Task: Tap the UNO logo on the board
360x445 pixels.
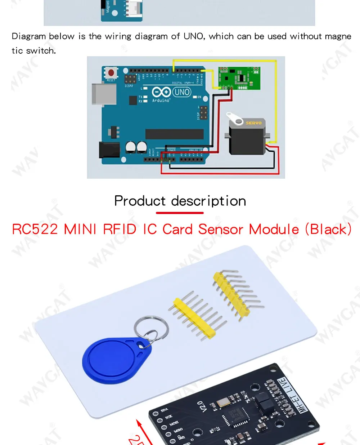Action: point(182,92)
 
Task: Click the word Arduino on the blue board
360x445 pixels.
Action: point(161,101)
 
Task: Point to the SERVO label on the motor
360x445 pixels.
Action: point(253,123)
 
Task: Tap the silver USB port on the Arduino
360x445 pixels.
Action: point(104,94)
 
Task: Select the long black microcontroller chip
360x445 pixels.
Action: point(174,134)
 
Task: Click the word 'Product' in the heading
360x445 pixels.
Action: point(140,201)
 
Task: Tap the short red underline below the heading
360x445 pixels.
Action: point(180,213)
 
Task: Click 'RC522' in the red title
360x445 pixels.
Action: point(35,230)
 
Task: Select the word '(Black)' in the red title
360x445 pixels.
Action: point(328,230)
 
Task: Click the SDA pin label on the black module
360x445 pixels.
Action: point(164,410)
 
